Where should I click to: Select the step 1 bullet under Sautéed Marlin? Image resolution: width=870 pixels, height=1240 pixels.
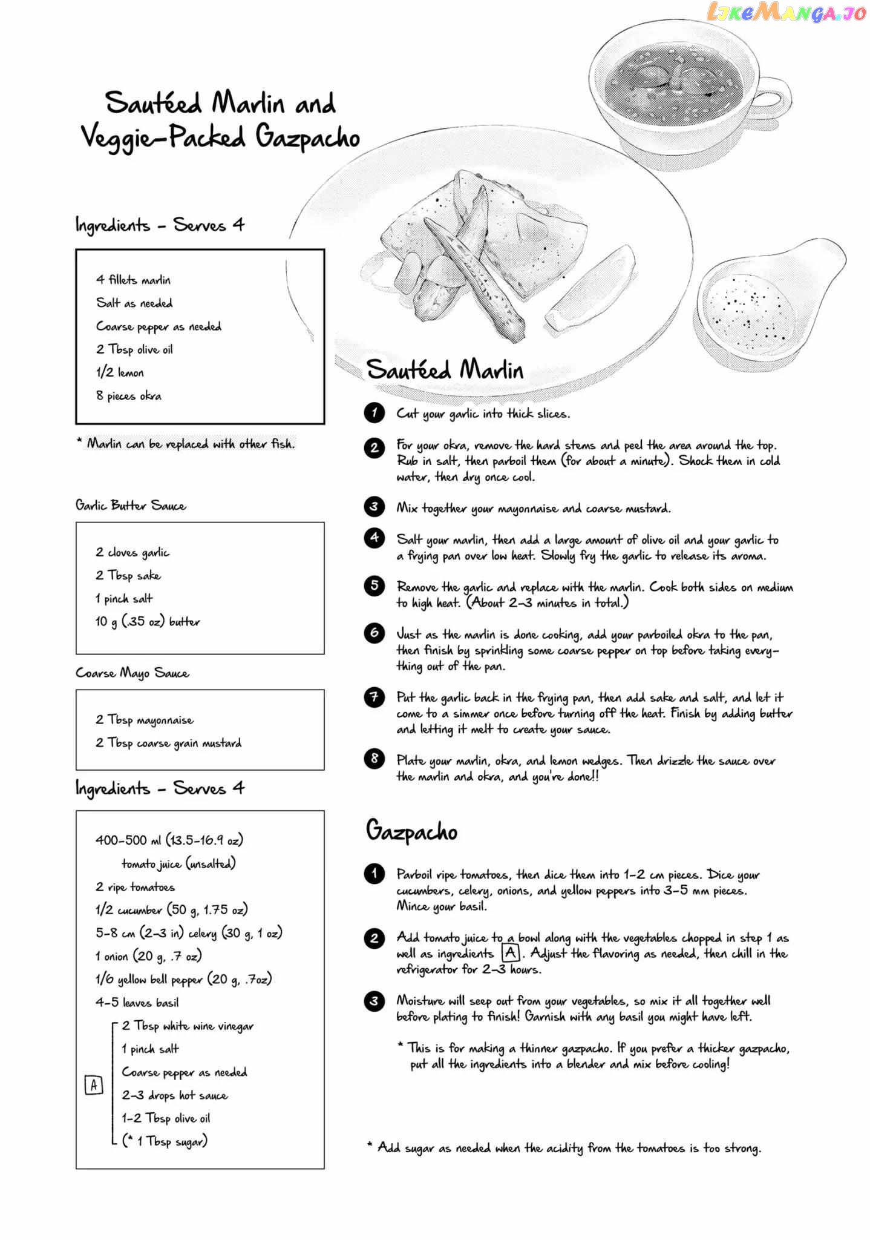[374, 413]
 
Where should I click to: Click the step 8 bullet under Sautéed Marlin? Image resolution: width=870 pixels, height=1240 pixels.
[374, 759]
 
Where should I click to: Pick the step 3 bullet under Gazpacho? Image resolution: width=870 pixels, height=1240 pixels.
[374, 1001]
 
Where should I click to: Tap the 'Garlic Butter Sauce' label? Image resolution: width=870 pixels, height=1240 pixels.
[131, 506]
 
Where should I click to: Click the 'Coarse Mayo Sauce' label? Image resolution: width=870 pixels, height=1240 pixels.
[132, 673]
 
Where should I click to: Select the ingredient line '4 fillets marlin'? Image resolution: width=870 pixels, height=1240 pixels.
[133, 280]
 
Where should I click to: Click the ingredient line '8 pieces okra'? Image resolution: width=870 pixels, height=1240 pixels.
[128, 396]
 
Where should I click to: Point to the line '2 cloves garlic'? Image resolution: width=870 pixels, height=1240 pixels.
[132, 552]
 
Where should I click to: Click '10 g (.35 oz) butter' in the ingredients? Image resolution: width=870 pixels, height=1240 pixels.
[147, 622]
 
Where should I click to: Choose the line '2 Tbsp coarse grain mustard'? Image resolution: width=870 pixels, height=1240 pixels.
[168, 743]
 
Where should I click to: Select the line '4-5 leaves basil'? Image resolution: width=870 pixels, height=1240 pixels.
[137, 1002]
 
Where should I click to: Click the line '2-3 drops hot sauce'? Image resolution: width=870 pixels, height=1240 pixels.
[174, 1095]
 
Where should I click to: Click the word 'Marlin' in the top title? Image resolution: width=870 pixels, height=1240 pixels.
[248, 103]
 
